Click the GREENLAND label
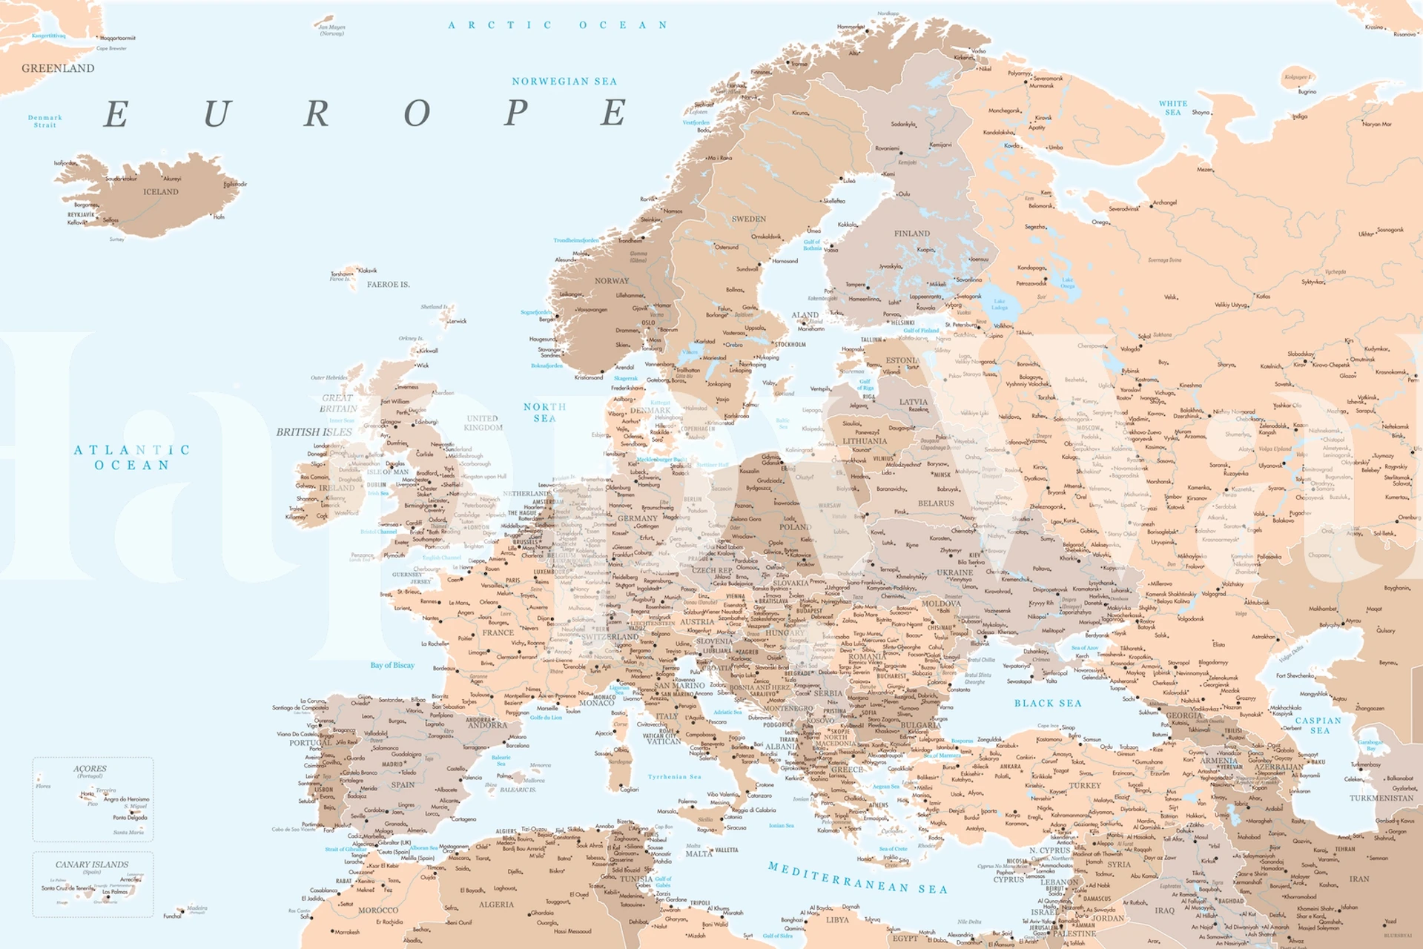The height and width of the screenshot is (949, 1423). pyautogui.click(x=58, y=68)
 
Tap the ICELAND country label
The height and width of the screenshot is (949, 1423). pyautogui.click(x=160, y=192)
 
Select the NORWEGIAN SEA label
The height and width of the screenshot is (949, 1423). pyautogui.click(x=564, y=82)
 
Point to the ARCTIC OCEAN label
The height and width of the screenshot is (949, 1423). pyautogui.click(x=558, y=25)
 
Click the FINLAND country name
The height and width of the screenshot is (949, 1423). pyautogui.click(x=911, y=234)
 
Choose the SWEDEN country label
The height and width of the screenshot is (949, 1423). pyautogui.click(x=748, y=219)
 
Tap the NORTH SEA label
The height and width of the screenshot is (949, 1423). pyautogui.click(x=544, y=412)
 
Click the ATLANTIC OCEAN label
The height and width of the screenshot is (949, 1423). pyautogui.click(x=132, y=457)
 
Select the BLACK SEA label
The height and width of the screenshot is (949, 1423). pyautogui.click(x=1048, y=703)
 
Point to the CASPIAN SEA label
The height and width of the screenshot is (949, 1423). pyautogui.click(x=1318, y=725)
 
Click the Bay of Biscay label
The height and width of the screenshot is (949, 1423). pyautogui.click(x=392, y=665)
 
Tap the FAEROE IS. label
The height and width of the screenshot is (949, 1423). pyautogui.click(x=388, y=285)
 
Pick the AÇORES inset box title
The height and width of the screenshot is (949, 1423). pyautogui.click(x=90, y=769)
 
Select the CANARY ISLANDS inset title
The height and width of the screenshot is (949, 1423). pyautogui.click(x=92, y=864)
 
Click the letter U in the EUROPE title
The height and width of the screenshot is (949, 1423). pyautogui.click(x=217, y=113)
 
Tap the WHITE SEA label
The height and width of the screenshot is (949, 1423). pyautogui.click(x=1173, y=108)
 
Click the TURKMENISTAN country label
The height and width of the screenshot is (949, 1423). pyautogui.click(x=1381, y=798)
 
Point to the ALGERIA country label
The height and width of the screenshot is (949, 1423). pyautogui.click(x=496, y=905)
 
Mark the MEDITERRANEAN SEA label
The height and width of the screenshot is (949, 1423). pyautogui.click(x=857, y=878)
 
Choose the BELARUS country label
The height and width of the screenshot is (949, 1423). pyautogui.click(x=936, y=503)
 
